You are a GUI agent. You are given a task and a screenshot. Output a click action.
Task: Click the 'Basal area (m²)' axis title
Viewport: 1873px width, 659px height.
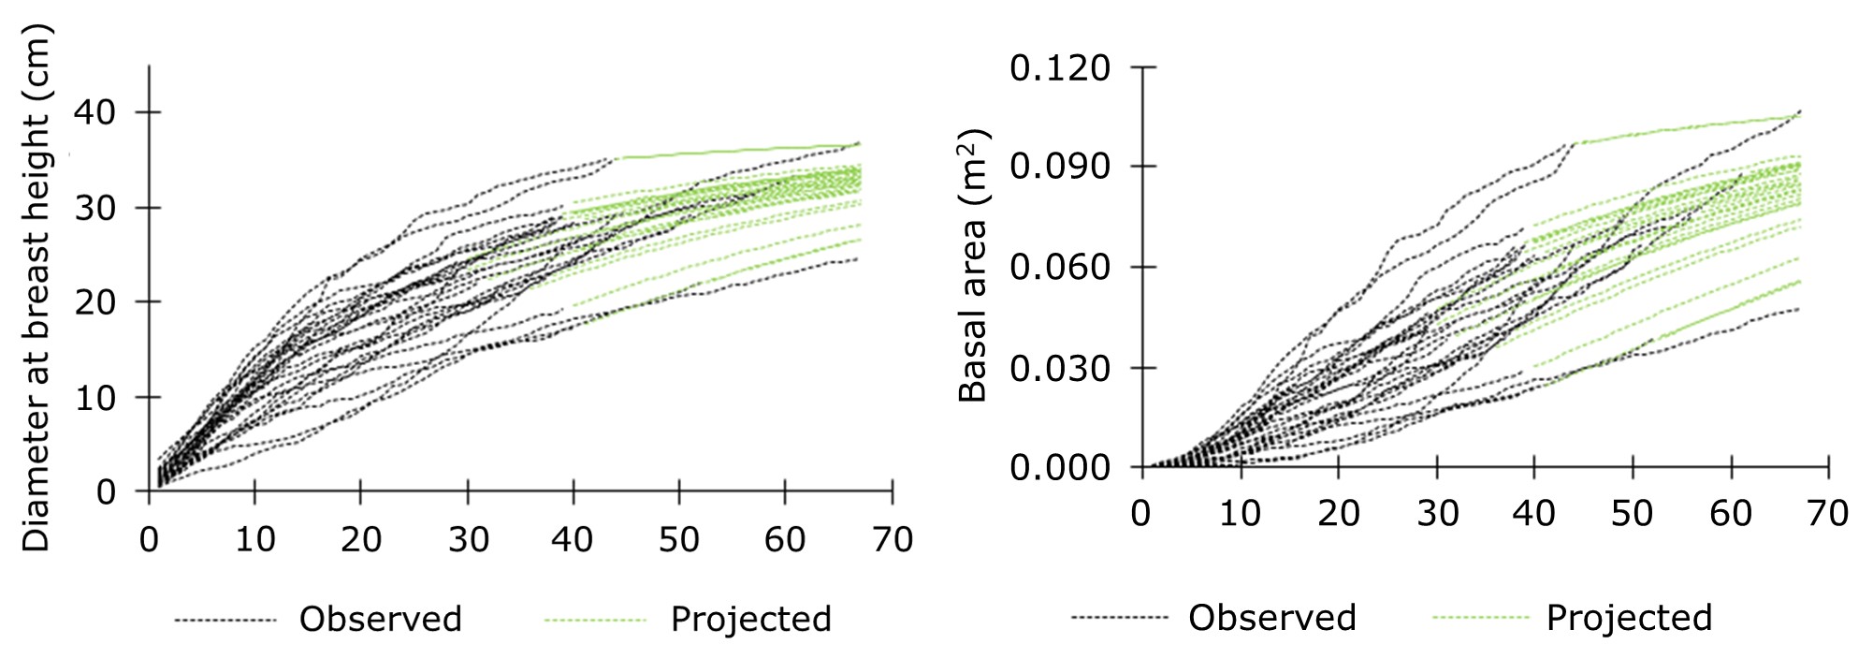pyautogui.click(x=974, y=266)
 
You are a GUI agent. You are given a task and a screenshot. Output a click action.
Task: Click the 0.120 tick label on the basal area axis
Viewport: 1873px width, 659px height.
pyautogui.click(x=1060, y=68)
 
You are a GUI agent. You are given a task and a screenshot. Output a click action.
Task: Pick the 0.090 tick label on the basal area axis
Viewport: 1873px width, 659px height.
pyautogui.click(x=1060, y=168)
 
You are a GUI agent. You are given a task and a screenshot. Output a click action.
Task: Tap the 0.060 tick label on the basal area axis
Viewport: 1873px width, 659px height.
pyautogui.click(x=1060, y=268)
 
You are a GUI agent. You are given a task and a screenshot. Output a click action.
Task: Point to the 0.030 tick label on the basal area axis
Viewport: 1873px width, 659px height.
pyautogui.click(x=1060, y=368)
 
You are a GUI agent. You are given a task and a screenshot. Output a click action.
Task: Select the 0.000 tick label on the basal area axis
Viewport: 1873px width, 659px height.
pyautogui.click(x=1060, y=467)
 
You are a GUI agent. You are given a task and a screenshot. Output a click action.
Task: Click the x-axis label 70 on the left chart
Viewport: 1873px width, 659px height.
pyautogui.click(x=891, y=540)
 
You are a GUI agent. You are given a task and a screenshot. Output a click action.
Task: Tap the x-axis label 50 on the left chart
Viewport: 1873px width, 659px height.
pyautogui.click(x=678, y=540)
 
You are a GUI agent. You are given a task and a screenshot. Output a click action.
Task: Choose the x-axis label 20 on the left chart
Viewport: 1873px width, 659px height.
pyautogui.click(x=360, y=540)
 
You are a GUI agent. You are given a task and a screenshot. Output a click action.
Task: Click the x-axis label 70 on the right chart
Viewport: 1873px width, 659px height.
pyautogui.click(x=1826, y=514)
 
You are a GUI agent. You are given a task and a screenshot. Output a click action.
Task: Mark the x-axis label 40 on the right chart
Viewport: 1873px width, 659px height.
pyautogui.click(x=1533, y=514)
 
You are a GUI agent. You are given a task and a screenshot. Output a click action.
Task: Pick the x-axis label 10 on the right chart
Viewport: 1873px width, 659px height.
pyautogui.click(x=1240, y=514)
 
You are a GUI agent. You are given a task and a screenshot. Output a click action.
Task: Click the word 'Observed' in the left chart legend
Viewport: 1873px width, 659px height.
pyautogui.click(x=380, y=620)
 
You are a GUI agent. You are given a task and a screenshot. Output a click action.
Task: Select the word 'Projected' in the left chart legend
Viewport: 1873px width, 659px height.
pyautogui.click(x=750, y=620)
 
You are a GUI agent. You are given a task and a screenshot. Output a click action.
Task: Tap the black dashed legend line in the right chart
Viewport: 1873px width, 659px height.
pyautogui.click(x=1119, y=618)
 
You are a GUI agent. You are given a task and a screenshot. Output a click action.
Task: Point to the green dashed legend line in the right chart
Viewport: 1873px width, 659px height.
pyautogui.click(x=1480, y=618)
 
